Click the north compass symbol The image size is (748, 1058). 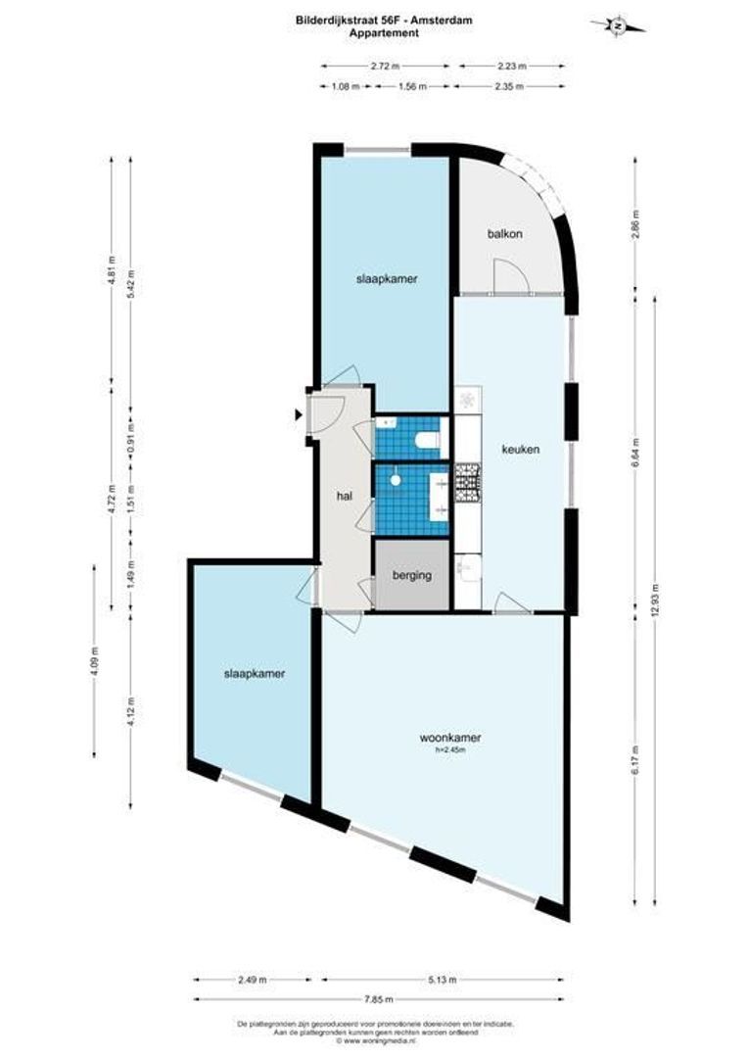click(618, 25)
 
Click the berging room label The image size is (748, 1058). click(412, 575)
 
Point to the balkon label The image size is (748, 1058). click(504, 234)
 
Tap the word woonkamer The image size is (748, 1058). click(450, 738)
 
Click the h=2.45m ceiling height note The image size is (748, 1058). click(449, 751)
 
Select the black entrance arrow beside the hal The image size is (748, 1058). click(298, 415)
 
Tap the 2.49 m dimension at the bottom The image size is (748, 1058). click(253, 979)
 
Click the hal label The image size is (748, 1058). click(344, 497)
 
